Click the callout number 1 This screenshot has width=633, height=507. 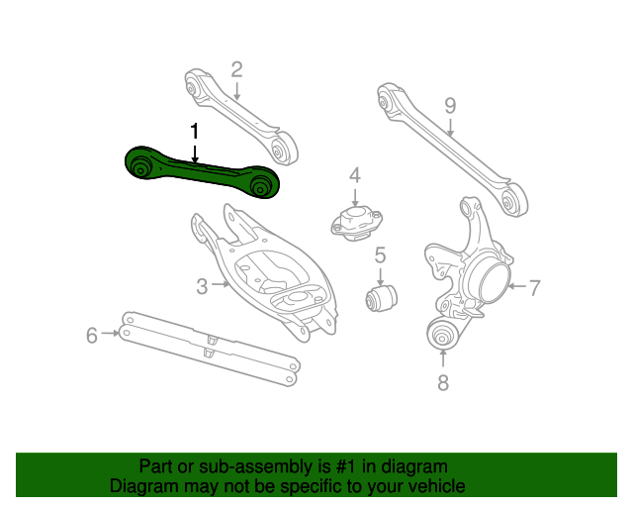coord(195,132)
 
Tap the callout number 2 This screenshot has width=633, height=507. coord(237,69)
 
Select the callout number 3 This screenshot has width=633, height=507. coord(202,286)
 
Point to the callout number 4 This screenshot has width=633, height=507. coord(355,175)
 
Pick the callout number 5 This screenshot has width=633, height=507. coord(380,255)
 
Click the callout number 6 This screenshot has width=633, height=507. coord(92,335)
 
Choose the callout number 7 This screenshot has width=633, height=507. coord(534,288)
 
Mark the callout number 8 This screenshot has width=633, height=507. coord(443,382)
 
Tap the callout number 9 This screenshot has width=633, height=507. coord(450,106)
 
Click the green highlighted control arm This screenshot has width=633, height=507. coord(202,173)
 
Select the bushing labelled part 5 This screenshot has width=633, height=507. coord(381,298)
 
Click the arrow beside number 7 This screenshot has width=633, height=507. coord(516,286)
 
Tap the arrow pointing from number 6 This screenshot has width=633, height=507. coord(110,333)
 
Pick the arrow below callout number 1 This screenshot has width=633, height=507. coord(195,152)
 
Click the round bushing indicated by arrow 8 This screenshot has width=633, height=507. coord(443,333)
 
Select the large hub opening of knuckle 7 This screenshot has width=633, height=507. coord(493,283)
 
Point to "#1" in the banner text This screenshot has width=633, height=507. coord(346,466)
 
